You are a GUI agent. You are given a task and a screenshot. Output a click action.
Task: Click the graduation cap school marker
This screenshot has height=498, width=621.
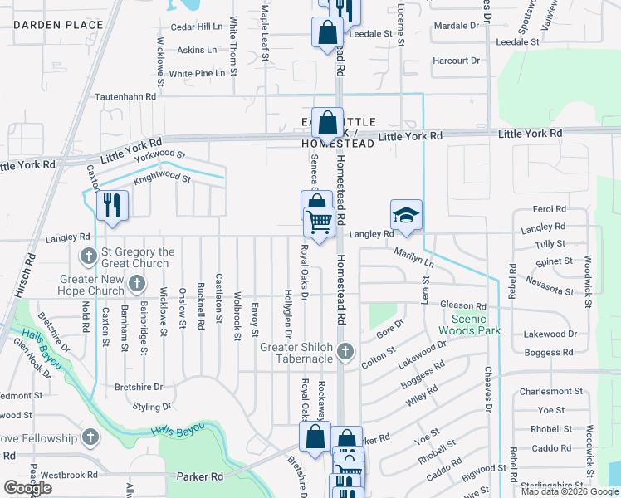406,215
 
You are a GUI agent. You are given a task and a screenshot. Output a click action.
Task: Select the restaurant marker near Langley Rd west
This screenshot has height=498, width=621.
112,206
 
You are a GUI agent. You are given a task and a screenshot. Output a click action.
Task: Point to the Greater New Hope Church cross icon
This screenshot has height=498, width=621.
138,286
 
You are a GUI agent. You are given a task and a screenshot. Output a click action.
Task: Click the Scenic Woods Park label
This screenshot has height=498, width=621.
476,325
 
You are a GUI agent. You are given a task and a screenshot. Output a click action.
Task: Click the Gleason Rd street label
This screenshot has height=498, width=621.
463,306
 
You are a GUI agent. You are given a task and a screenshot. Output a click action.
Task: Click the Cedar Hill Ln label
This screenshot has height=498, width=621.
197,27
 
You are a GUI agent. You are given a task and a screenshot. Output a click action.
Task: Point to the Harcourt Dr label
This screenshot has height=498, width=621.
457,61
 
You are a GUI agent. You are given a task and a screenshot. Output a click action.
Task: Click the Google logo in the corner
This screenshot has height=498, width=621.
27,488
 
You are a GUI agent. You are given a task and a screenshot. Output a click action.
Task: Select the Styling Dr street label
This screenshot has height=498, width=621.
152,407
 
